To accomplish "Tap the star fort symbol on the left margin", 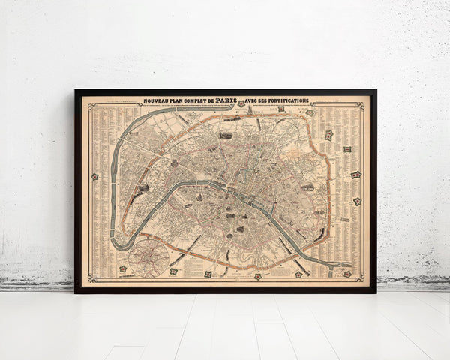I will (x=95, y=177).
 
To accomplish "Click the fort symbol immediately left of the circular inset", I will (x=122, y=268).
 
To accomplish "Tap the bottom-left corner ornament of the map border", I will (x=87, y=281).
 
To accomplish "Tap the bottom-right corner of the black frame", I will (x=376, y=292).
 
